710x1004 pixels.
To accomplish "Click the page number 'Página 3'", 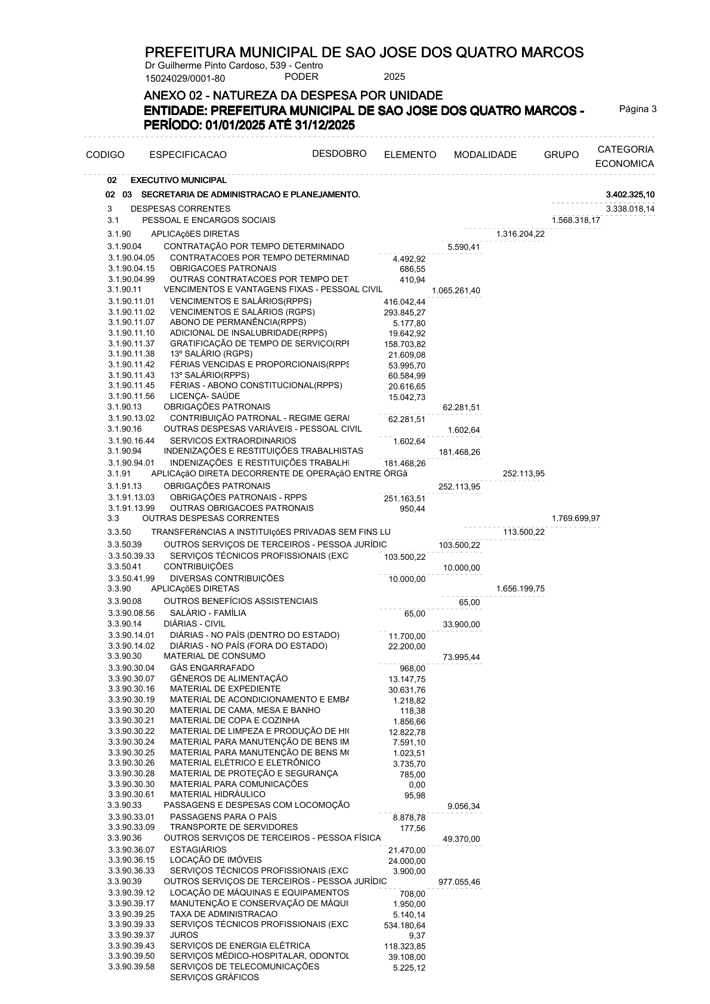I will [637, 109].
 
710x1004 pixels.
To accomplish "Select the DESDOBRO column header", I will [339, 154].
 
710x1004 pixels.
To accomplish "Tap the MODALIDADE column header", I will [485, 155].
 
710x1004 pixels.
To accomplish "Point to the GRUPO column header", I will [561, 155].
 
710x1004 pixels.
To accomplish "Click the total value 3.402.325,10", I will [630, 195].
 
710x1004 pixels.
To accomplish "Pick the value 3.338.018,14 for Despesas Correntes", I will [630, 209].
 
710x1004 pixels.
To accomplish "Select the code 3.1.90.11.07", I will [131, 323].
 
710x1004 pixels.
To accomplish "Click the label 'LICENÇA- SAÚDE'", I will [205, 396].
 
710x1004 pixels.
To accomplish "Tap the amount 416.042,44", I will [405, 302].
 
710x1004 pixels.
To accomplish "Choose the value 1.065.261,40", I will [456, 291].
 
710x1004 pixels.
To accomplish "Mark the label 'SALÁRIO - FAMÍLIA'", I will [208, 613].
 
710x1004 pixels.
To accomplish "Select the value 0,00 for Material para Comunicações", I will [417, 785].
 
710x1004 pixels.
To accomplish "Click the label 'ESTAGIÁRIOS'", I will [198, 850].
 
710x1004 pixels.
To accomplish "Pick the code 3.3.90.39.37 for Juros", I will [131, 935].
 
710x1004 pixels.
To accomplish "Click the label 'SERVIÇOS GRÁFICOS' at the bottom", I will [214, 977].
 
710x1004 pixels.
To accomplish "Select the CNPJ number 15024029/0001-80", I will [185, 78].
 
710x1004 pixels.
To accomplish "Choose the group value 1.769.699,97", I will [576, 519].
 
